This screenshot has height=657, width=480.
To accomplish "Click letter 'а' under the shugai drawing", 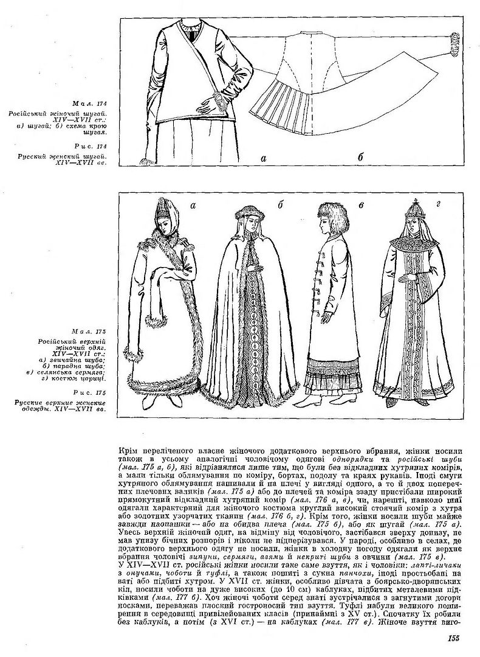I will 263,158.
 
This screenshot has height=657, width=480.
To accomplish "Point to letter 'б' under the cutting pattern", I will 360,158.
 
